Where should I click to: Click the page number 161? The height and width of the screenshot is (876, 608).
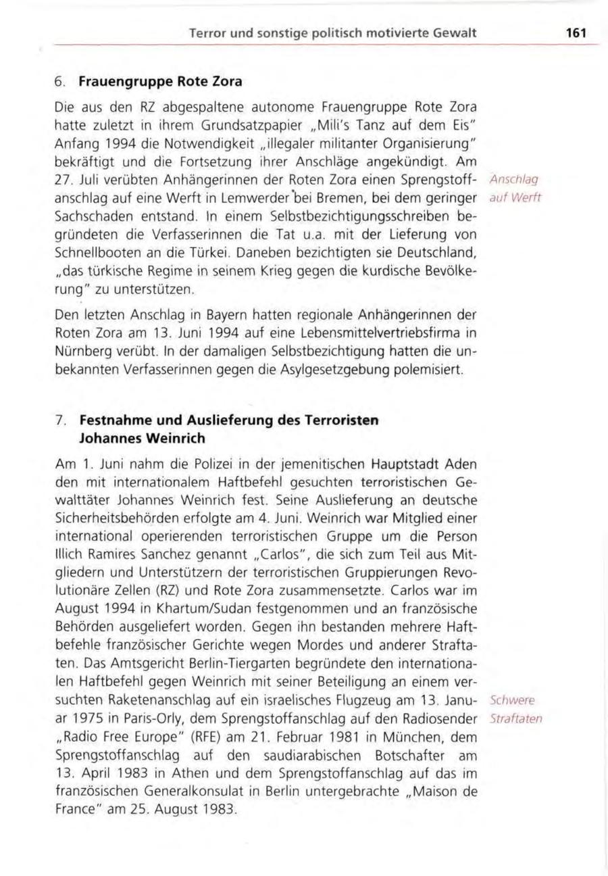575,33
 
